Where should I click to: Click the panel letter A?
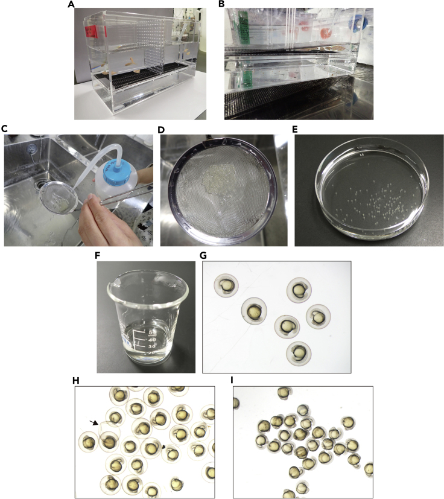pyautogui.click(x=71, y=4)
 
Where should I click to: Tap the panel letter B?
pyautogui.click(x=221, y=4)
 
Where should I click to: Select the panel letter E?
pyautogui.click(x=295, y=129)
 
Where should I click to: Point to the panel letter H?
pyautogui.click(x=76, y=380)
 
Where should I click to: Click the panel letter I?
pyautogui.click(x=232, y=380)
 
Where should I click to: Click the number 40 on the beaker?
pyautogui.click(x=152, y=340)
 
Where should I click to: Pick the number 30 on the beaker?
pyautogui.click(x=152, y=346)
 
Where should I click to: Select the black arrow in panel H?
pyautogui.click(x=94, y=422)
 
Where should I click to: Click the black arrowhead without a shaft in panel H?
pyautogui.click(x=163, y=447)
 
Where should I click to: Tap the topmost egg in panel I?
pyautogui.click(x=284, y=393)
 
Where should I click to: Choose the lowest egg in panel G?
pyautogui.click(x=299, y=353)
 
